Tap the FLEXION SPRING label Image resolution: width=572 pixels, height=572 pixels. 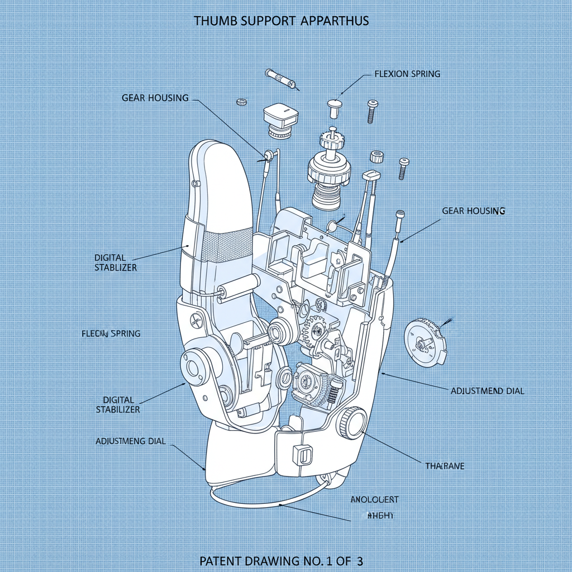click(407, 74)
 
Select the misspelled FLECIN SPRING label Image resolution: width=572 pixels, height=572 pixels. click(111, 333)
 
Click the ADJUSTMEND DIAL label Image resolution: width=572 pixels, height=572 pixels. click(487, 391)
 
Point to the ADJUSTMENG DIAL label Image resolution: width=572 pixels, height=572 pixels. click(131, 441)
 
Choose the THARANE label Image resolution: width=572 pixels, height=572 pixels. click(445, 465)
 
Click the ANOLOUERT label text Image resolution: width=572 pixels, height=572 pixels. click(374, 499)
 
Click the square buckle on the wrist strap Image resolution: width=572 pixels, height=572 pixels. click(302, 454)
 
